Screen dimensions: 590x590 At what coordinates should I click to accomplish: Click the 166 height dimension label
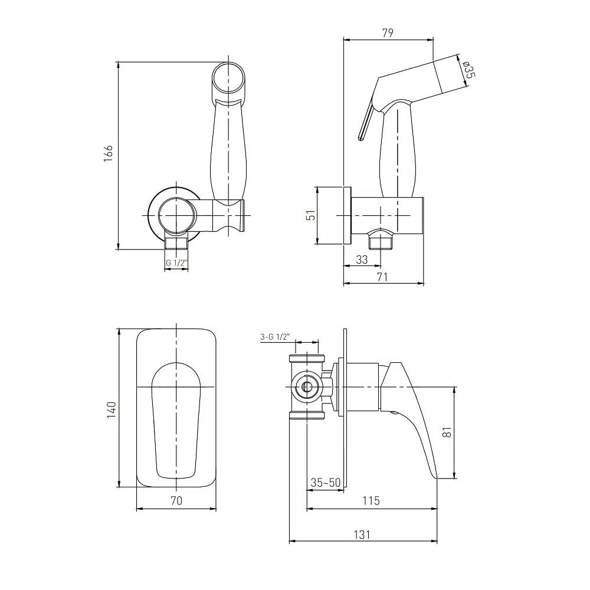pos(109,153)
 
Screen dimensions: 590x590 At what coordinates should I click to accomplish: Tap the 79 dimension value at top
pos(388,32)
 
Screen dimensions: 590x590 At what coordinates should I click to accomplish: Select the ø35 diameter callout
pos(469,70)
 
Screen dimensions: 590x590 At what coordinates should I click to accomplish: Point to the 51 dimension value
pos(311,215)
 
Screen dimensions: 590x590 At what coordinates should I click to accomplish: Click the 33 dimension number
pos(362,260)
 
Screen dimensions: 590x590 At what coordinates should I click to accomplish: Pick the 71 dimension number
pos(382,277)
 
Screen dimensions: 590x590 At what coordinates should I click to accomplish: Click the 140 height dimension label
pos(112,410)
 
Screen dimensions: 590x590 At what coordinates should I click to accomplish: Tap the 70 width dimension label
pos(176,500)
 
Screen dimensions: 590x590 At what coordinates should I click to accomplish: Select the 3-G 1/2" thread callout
pos(275,337)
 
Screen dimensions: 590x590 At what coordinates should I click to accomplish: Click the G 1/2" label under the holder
pos(176,263)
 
